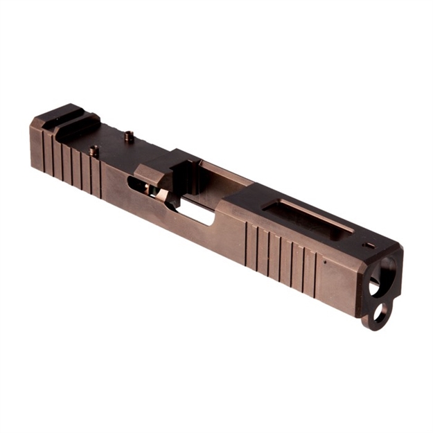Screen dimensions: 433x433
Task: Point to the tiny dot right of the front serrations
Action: tap(324, 263)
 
